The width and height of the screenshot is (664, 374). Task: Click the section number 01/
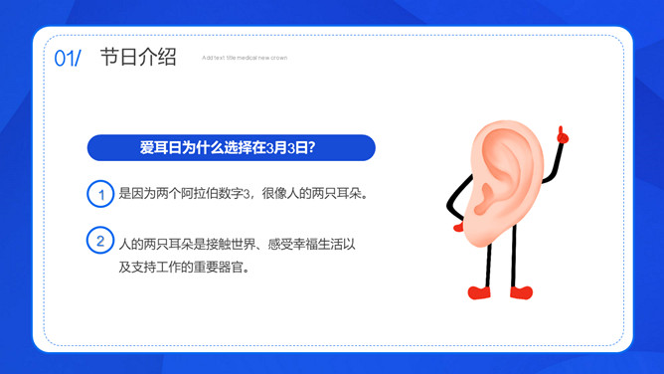[x=68, y=58]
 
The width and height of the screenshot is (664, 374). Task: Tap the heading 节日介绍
[x=138, y=57]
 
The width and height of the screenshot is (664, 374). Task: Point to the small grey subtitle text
[x=244, y=58]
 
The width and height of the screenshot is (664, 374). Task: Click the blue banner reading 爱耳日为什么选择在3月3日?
[x=231, y=148]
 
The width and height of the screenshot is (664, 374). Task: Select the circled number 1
[x=100, y=194]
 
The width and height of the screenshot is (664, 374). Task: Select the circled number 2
[x=100, y=242]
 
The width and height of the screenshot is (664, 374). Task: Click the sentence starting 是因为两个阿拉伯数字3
[x=244, y=194]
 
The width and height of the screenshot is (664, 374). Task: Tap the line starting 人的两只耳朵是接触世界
[x=236, y=244]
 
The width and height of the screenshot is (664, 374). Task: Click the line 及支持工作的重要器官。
[x=183, y=268]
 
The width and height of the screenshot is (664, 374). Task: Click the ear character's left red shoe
[x=480, y=292]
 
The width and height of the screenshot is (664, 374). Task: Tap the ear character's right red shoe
[x=521, y=292]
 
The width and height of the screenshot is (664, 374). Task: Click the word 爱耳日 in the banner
[x=160, y=148]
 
